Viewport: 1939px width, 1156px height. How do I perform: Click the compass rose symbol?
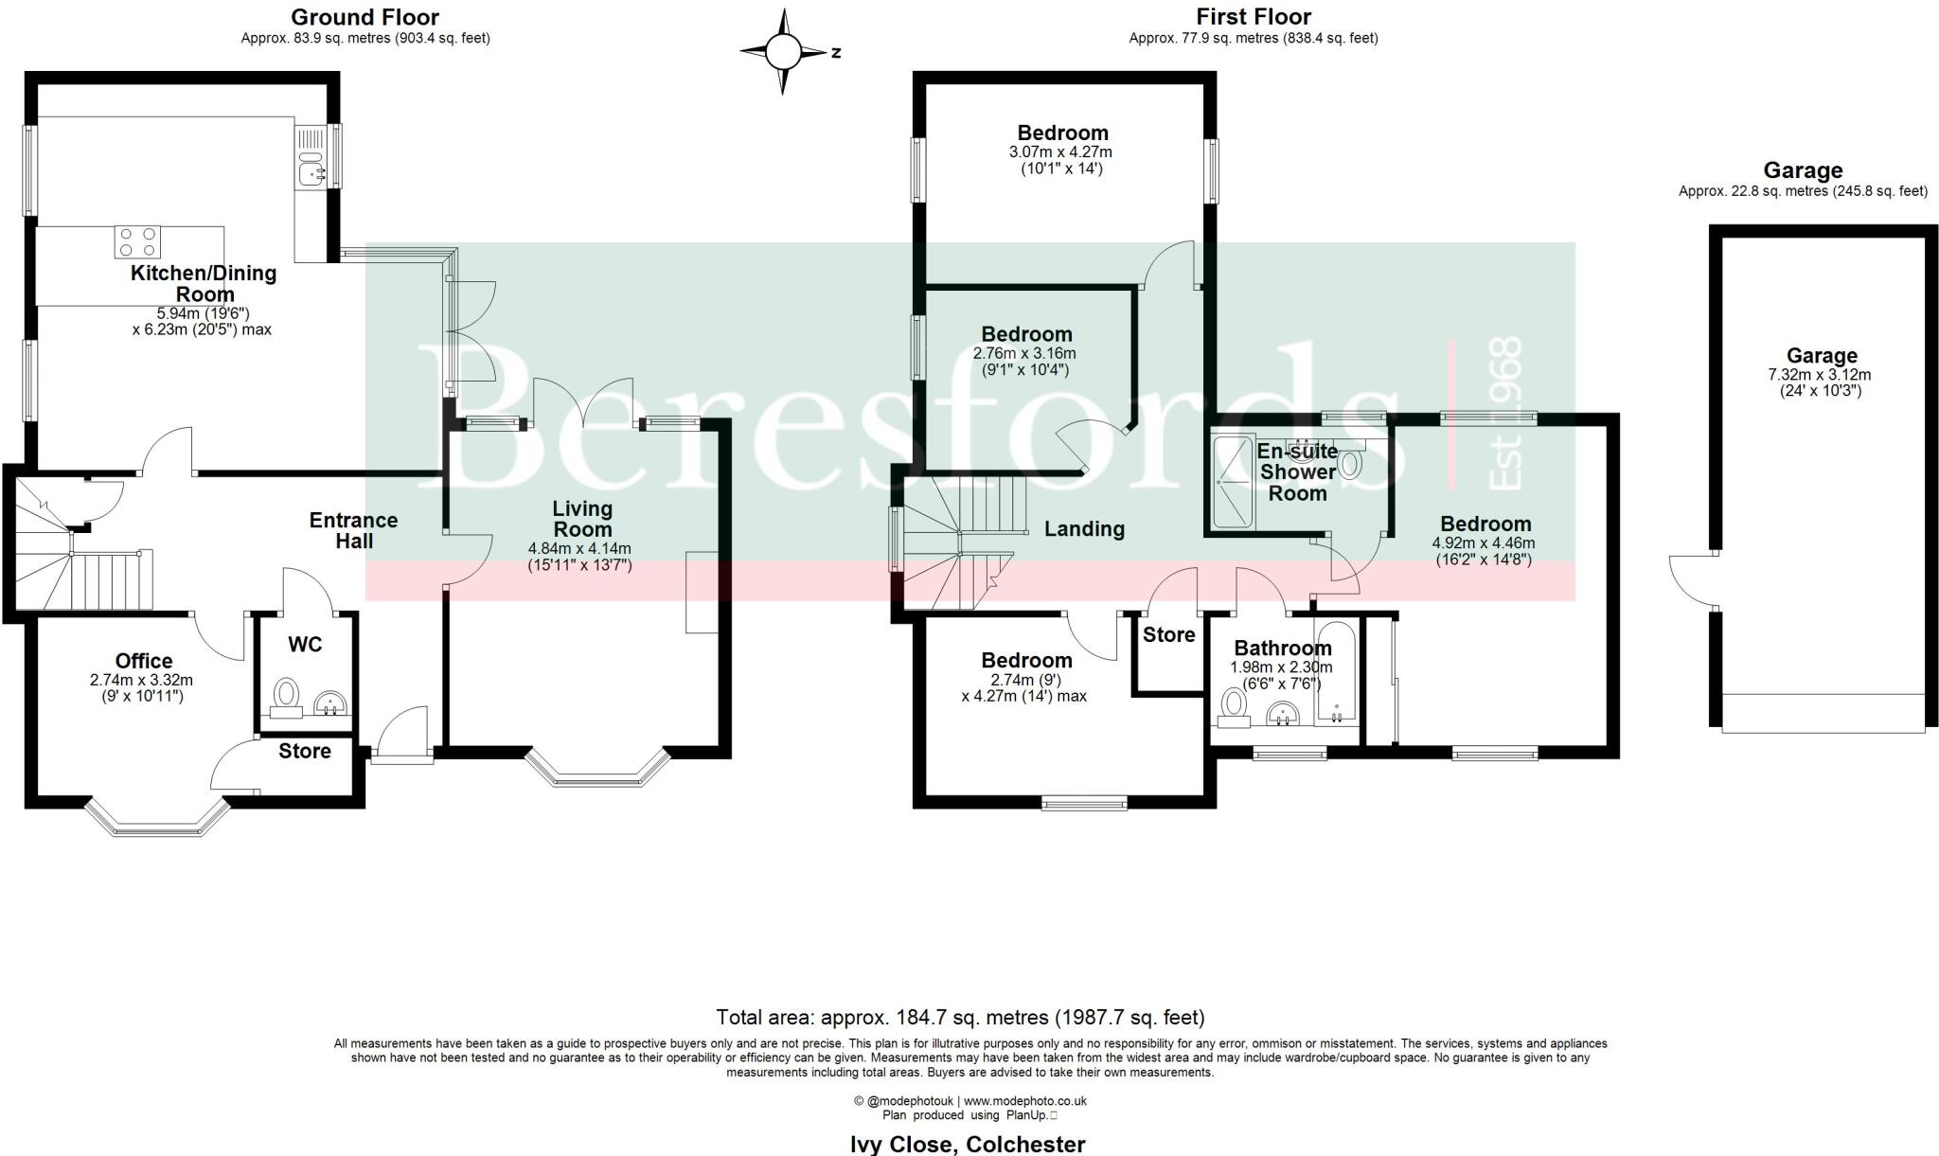pyautogui.click(x=782, y=52)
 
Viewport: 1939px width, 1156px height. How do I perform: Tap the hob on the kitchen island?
pyautogui.click(x=137, y=242)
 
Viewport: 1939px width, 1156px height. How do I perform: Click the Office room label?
pyautogui.click(x=144, y=661)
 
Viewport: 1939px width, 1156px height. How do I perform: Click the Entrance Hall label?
pyautogui.click(x=353, y=530)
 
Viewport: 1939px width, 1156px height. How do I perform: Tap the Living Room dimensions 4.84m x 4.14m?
pyautogui.click(x=579, y=548)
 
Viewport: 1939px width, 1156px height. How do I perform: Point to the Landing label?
pyautogui.click(x=1084, y=529)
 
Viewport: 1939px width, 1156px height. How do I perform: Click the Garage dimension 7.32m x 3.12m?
pyautogui.click(x=1820, y=374)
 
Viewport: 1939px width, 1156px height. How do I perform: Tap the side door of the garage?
pyautogui.click(x=1692, y=580)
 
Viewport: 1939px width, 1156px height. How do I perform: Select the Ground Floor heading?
pyautogui.click(x=365, y=17)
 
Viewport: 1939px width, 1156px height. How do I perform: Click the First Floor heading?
pyautogui.click(x=1253, y=17)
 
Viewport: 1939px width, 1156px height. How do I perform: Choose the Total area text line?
pyautogui.click(x=960, y=1018)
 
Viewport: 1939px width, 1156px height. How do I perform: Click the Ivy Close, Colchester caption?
pyautogui.click(x=967, y=1144)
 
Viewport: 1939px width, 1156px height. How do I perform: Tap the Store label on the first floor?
pyautogui.click(x=1168, y=634)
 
